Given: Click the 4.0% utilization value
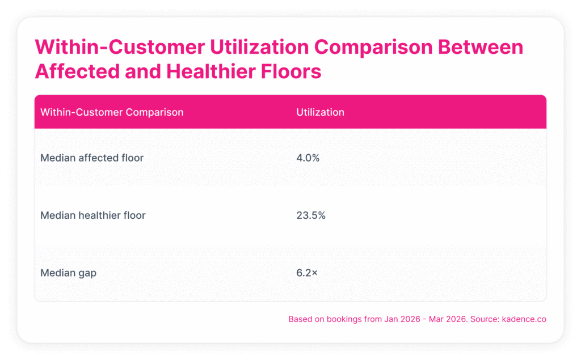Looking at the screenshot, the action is [308, 158].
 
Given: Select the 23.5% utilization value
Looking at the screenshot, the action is [311, 215].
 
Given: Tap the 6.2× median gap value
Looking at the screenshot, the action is [307, 273].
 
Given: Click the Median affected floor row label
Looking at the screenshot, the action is [92, 158].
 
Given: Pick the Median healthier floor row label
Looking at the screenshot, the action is [93, 215].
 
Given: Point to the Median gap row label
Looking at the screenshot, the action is [68, 273].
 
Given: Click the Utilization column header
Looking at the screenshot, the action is [320, 112].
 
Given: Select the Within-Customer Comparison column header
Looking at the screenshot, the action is [112, 112].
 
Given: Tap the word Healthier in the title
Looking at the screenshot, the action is [210, 71].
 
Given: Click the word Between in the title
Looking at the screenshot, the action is [481, 47].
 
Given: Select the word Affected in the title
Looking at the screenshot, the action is [77, 71].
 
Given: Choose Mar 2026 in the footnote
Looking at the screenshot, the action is [447, 319].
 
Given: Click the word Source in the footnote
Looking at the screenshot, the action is [485, 319].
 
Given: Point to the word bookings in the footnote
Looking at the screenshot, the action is [344, 319].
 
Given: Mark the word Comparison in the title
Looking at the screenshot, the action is [373, 48].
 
